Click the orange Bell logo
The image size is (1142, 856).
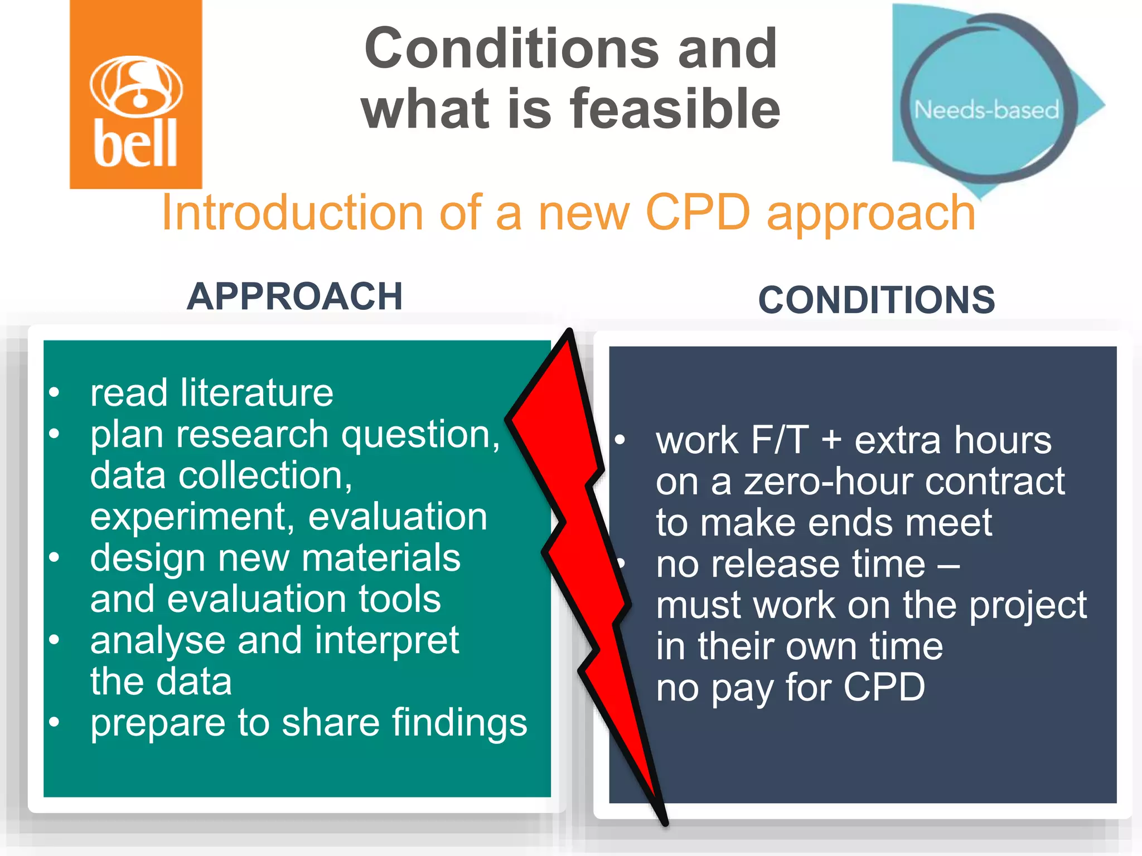click(x=136, y=95)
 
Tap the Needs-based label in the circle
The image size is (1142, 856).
click(x=986, y=110)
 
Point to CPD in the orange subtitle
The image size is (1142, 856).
click(x=698, y=213)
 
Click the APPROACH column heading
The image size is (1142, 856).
click(x=294, y=296)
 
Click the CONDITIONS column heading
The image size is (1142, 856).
click(x=876, y=300)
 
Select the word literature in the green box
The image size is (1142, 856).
click(x=257, y=393)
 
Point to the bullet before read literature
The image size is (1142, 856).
click(x=54, y=392)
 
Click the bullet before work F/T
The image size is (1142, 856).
click(x=620, y=440)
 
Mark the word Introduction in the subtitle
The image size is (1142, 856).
click(x=292, y=213)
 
